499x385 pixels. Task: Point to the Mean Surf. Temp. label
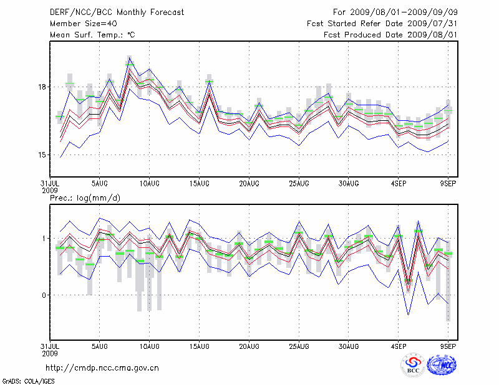click(x=93, y=35)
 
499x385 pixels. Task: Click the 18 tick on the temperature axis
click(x=40, y=87)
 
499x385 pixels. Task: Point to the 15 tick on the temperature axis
click(x=40, y=154)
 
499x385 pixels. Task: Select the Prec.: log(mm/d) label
click(x=83, y=197)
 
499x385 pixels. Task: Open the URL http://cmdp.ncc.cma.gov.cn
click(x=103, y=368)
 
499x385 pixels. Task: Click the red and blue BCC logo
click(x=413, y=365)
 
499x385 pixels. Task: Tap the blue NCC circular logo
click(x=442, y=365)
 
